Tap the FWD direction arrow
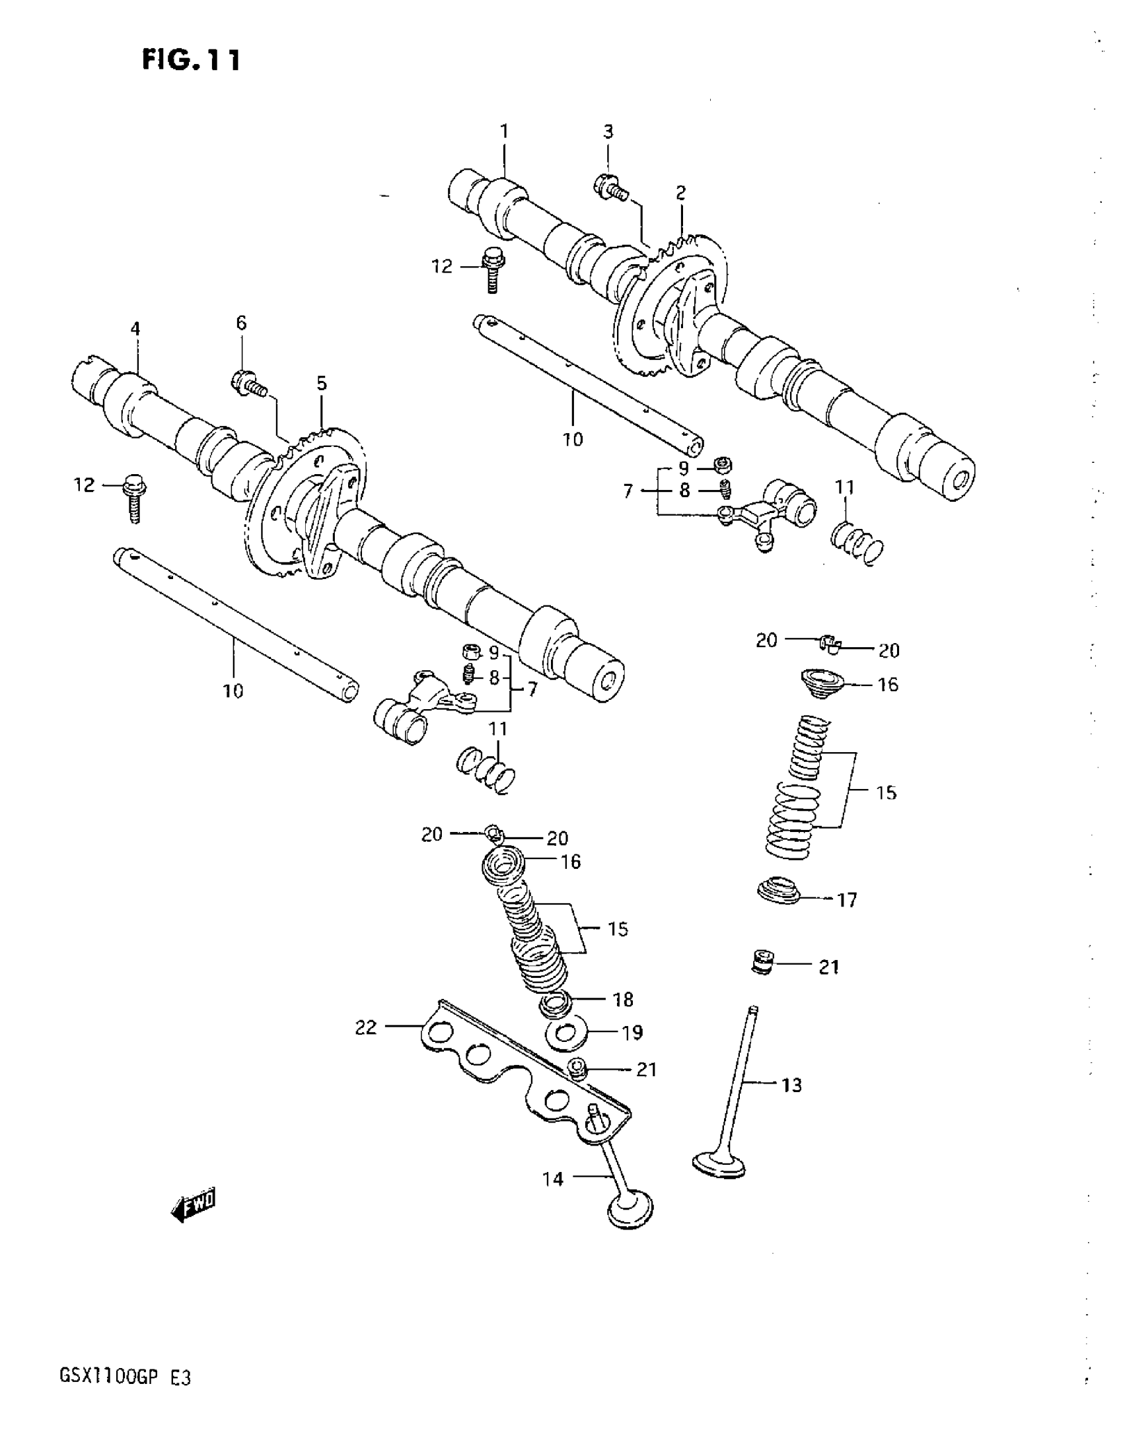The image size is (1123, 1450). coord(194,1203)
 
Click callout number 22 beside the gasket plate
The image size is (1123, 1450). coord(366,1028)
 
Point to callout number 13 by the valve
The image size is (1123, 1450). coord(791,1085)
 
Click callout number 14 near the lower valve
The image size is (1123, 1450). coord(552,1179)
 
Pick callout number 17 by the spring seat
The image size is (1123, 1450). coord(847,900)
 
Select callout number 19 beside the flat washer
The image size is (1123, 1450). coord(632,1033)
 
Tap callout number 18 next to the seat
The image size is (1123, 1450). coord(623,999)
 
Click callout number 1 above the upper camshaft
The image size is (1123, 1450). coord(504,131)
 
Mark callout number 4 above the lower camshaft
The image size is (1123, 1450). coord(135,329)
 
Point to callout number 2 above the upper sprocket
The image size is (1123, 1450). coord(680,193)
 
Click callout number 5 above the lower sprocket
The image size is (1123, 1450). coord(322,383)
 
